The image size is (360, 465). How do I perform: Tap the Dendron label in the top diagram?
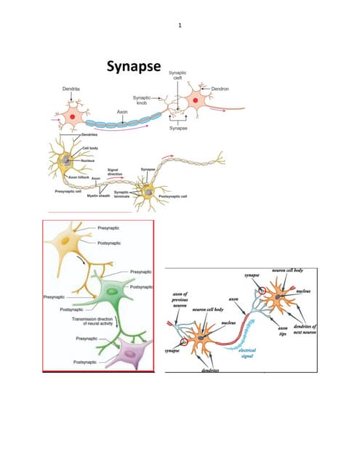pyautogui.click(x=220, y=88)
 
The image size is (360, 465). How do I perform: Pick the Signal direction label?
pyautogui.click(x=114, y=171)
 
